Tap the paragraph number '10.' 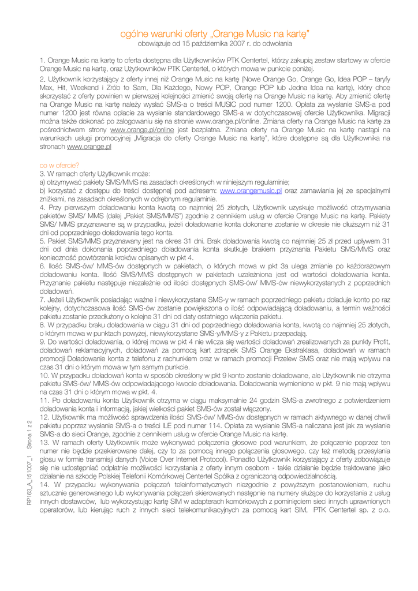pyautogui.click(x=44, y=375)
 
